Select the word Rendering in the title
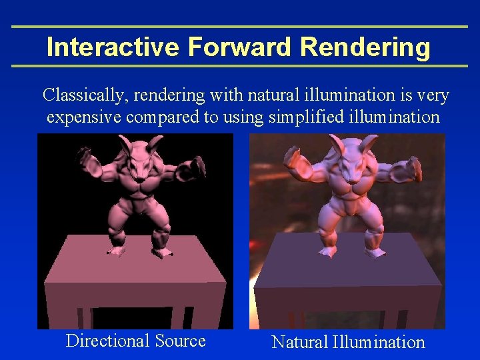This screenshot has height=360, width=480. coord(365,47)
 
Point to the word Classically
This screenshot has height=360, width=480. coord(85,95)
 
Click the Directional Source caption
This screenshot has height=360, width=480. coord(135,341)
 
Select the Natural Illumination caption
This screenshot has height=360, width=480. coord(348,342)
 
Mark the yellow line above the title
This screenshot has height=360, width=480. coord(240,27)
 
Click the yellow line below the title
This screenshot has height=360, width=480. coord(240,66)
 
